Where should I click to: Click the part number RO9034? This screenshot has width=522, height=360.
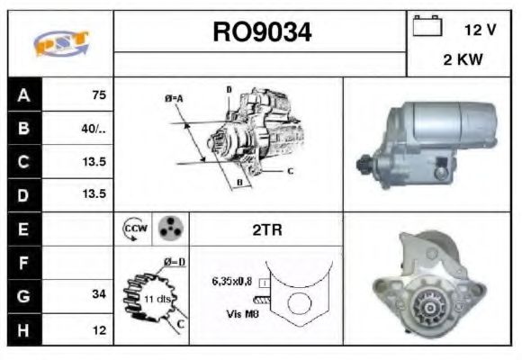pos(262,32)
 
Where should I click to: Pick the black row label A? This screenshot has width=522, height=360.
pos(23,94)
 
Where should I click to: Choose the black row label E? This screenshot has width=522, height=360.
pos(23,229)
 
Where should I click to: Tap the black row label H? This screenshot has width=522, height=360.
pos(23,329)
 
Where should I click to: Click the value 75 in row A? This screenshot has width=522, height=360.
pos(99,94)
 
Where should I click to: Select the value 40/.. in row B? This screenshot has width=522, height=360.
pos(94,128)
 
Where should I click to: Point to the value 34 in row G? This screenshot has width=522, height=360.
pos(99,295)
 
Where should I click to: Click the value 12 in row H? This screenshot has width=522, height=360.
pos(99,329)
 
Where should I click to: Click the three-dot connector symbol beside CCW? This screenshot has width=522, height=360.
pos(168,229)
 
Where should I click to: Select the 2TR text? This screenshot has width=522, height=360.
pos(266,229)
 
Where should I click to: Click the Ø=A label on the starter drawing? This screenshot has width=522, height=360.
pos(174,97)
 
